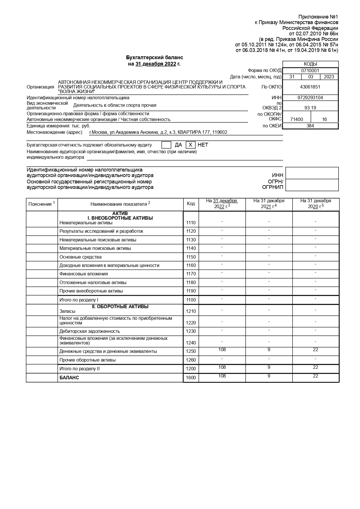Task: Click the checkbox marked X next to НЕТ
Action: tap(190, 145)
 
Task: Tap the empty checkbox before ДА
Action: tap(166, 145)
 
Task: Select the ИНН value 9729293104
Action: tap(310, 98)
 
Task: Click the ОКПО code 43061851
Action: tap(310, 87)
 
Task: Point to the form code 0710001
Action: tap(310, 71)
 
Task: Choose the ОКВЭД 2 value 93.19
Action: tap(310, 108)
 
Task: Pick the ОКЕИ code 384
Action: tap(310, 126)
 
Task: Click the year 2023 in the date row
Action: tap(329, 77)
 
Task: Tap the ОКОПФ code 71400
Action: tap(296, 119)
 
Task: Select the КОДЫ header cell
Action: tap(310, 64)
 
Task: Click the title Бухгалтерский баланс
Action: tap(154, 57)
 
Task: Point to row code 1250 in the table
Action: tap(191, 351)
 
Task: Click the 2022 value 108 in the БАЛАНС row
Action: tap(222, 376)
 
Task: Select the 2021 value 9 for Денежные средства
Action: tap(269, 350)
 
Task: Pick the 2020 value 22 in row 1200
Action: tap(316, 367)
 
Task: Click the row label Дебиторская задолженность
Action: tap(90, 331)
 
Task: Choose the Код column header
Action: tap(191, 203)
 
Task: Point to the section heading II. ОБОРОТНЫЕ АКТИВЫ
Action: tap(120, 307)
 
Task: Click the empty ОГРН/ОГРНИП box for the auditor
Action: tap(312, 185)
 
